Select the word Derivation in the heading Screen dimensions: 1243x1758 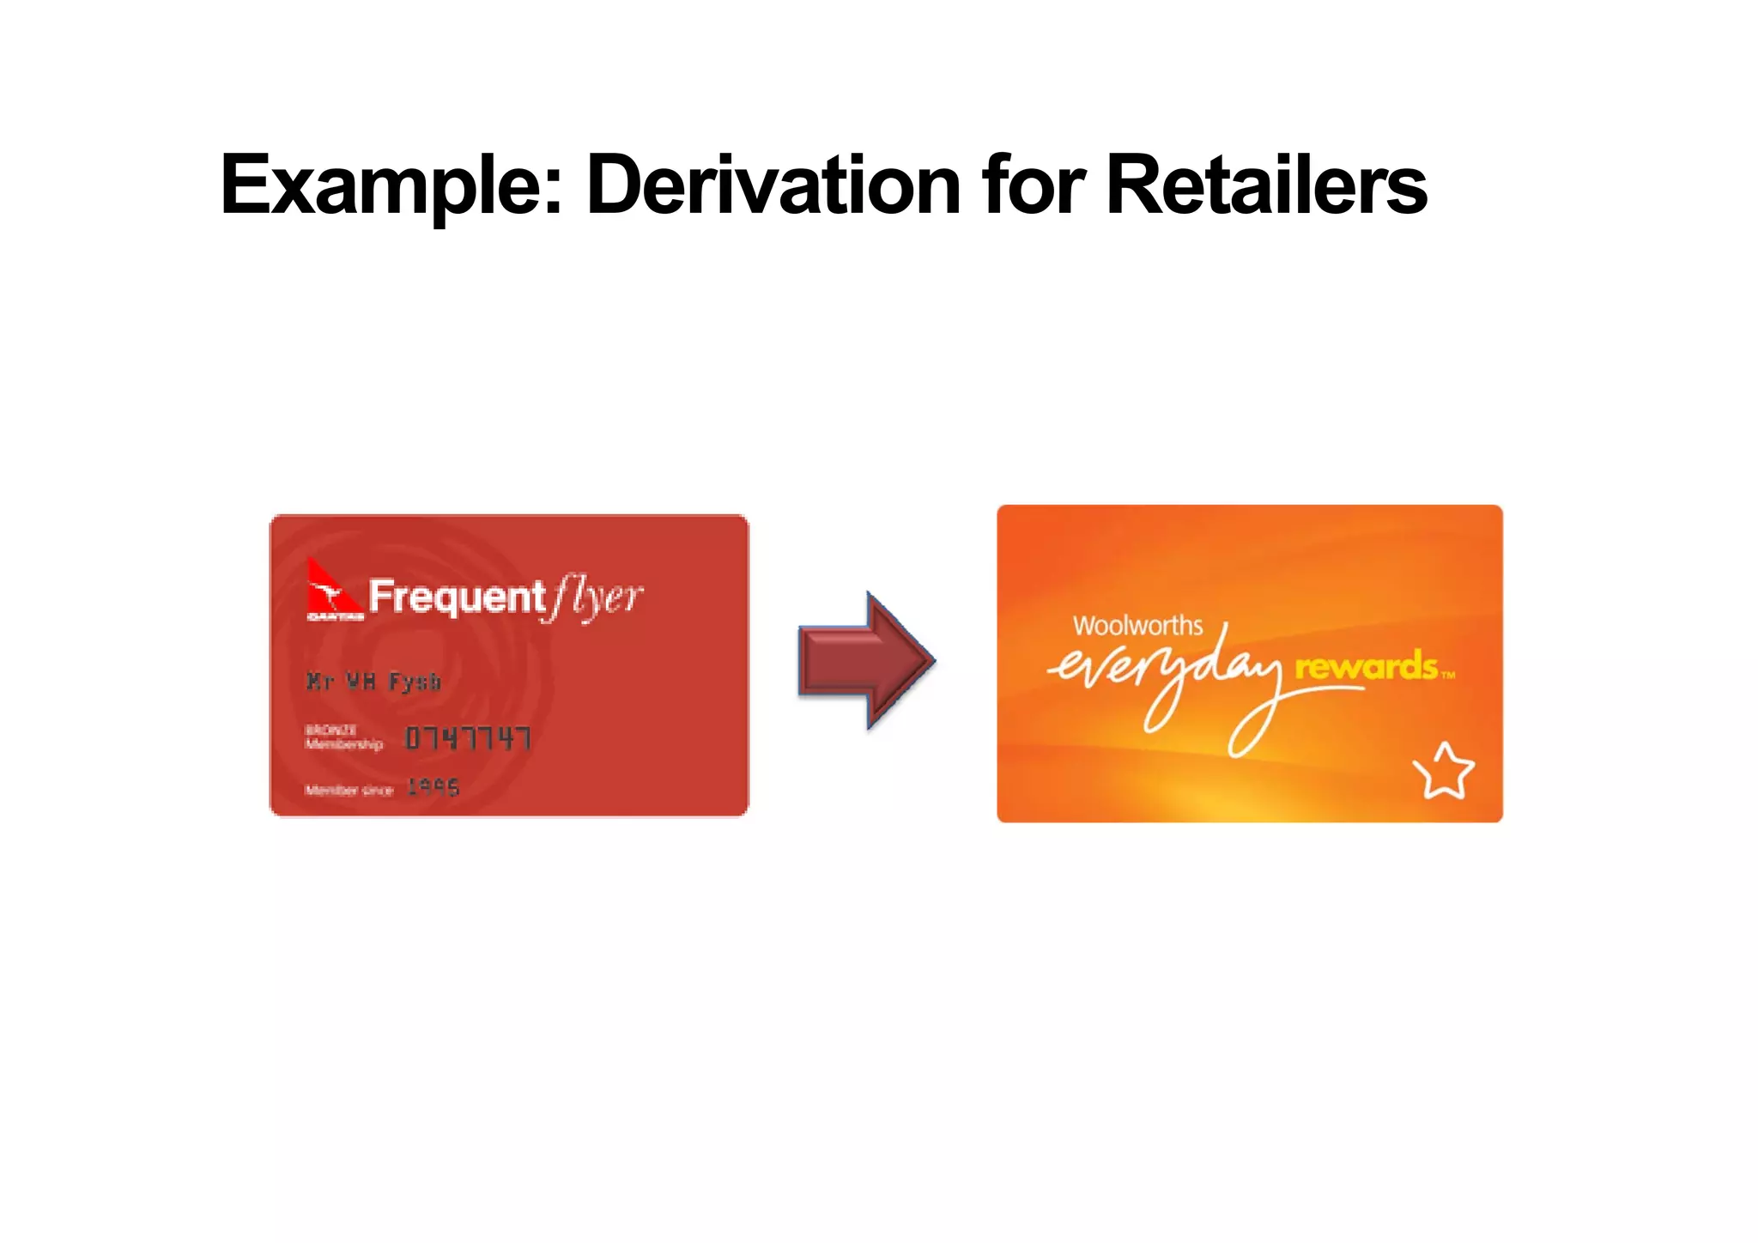773,185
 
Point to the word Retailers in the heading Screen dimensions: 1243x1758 1266,185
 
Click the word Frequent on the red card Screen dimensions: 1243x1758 457,597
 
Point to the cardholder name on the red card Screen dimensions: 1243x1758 373,682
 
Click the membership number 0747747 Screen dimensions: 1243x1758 468,738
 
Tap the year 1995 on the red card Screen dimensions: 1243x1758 433,787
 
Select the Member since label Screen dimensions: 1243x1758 349,790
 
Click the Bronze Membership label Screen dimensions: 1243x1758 343,737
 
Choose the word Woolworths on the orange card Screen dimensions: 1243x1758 1137,626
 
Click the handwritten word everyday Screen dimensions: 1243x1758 1167,678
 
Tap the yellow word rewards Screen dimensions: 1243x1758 1366,667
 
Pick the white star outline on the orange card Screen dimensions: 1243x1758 1444,772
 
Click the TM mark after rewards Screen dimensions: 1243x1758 1448,675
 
